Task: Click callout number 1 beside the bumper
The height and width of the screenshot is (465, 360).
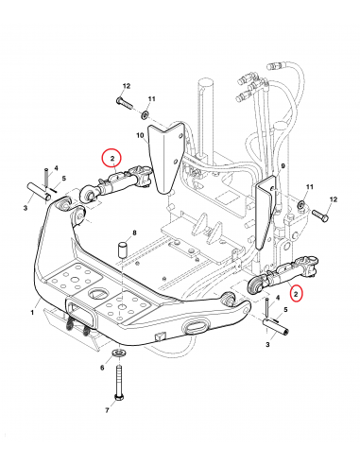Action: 32,312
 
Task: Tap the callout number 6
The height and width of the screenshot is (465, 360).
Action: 102,368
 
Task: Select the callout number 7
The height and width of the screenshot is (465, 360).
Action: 107,410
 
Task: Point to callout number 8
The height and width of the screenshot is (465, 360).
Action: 134,233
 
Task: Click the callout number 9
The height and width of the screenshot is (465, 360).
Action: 283,165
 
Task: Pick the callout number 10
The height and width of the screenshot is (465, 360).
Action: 140,135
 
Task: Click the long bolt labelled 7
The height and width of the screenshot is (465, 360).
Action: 119,383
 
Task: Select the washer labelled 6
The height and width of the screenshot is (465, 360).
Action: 118,353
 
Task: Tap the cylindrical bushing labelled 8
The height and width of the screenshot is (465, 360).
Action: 122,250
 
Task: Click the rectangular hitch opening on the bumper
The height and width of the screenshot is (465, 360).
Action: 81,313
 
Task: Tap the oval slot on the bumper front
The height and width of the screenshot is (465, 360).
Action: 197,326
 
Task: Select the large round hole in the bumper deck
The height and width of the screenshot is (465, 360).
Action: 98,293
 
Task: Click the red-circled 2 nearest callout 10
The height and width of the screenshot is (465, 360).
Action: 111,158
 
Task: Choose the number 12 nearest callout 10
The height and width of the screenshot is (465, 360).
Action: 127,86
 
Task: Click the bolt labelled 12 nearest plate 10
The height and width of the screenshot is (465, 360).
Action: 125,103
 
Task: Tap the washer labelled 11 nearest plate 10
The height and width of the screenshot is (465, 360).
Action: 146,114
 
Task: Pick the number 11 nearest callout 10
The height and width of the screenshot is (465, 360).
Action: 152,99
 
